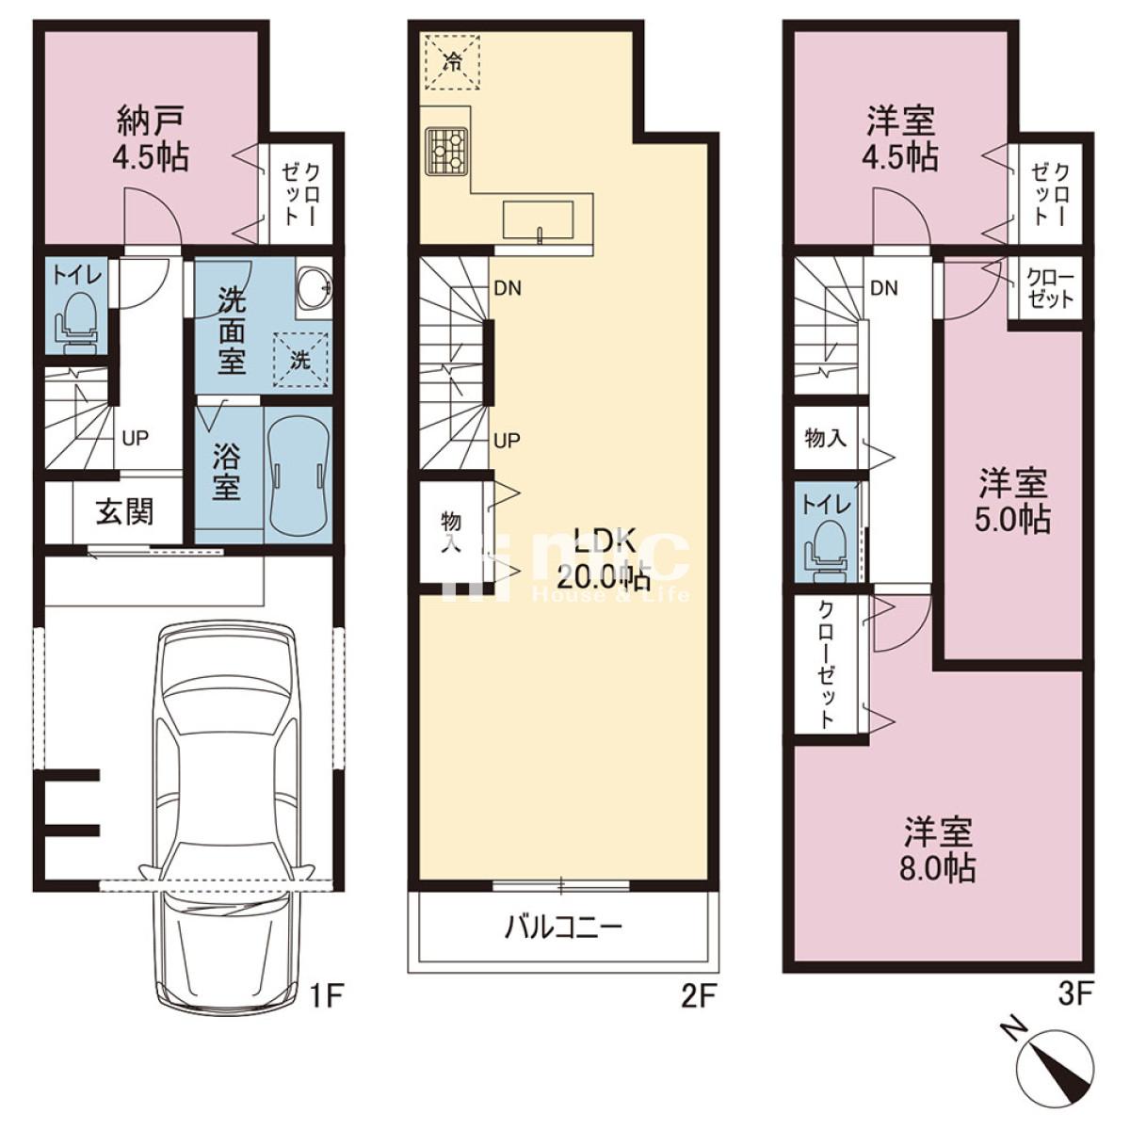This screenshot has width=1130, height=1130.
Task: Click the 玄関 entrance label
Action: [125, 512]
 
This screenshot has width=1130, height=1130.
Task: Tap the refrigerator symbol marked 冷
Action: [452, 61]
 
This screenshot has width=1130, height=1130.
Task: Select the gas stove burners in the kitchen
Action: [447, 150]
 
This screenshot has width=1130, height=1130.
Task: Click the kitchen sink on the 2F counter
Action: [538, 220]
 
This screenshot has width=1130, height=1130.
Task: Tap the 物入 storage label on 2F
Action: [451, 531]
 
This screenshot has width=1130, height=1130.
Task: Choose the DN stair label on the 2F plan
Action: [508, 288]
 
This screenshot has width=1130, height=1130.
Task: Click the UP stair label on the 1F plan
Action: [136, 438]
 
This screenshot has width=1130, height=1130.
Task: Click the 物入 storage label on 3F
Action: [826, 438]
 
